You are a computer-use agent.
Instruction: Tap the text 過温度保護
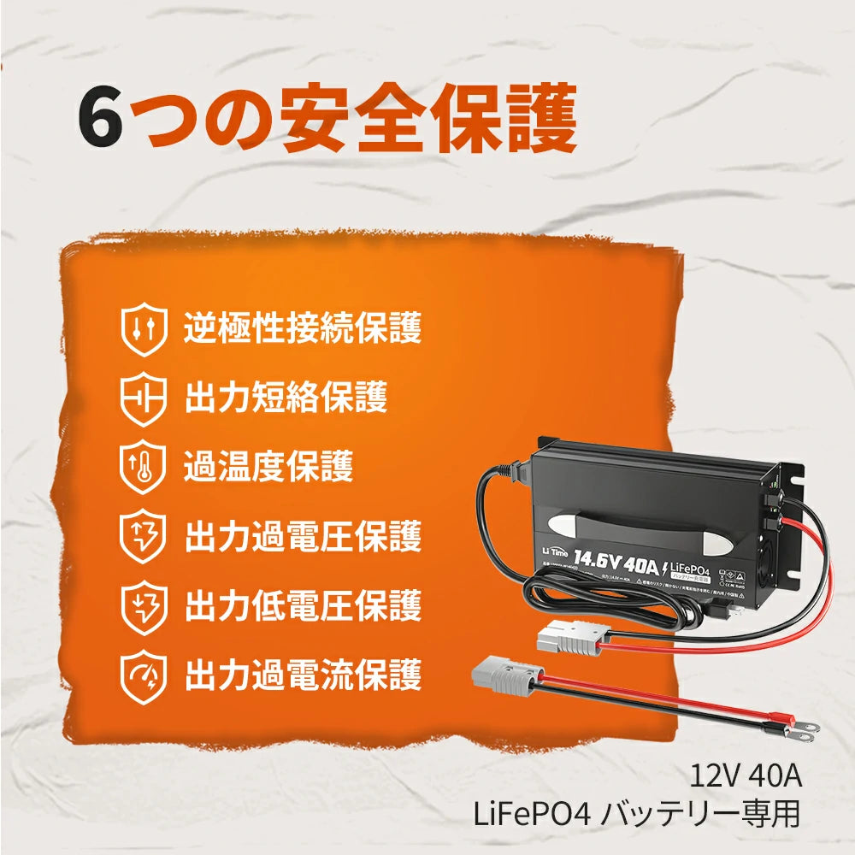click(x=268, y=467)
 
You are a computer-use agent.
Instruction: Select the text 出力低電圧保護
click(x=303, y=605)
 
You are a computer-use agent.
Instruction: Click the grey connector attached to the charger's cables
click(x=571, y=637)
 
